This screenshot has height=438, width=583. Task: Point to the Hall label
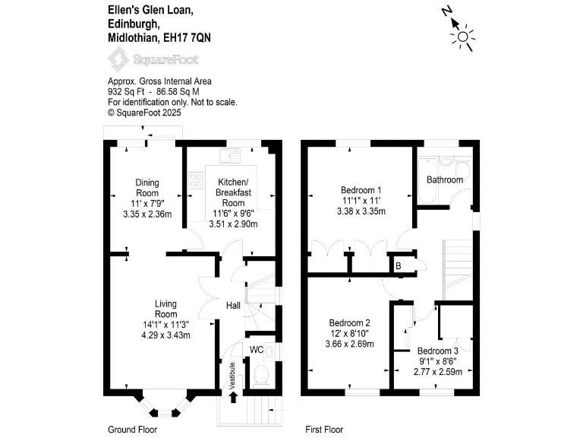[x=233, y=306]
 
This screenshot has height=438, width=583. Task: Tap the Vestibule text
[x=233, y=375]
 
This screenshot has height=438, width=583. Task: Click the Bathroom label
[x=444, y=180]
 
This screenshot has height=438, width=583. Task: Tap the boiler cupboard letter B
[x=398, y=266]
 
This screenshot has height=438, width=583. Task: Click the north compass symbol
[x=462, y=34]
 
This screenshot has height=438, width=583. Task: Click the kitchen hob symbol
[x=195, y=181]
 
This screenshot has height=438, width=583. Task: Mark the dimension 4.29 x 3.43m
[x=166, y=335]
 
